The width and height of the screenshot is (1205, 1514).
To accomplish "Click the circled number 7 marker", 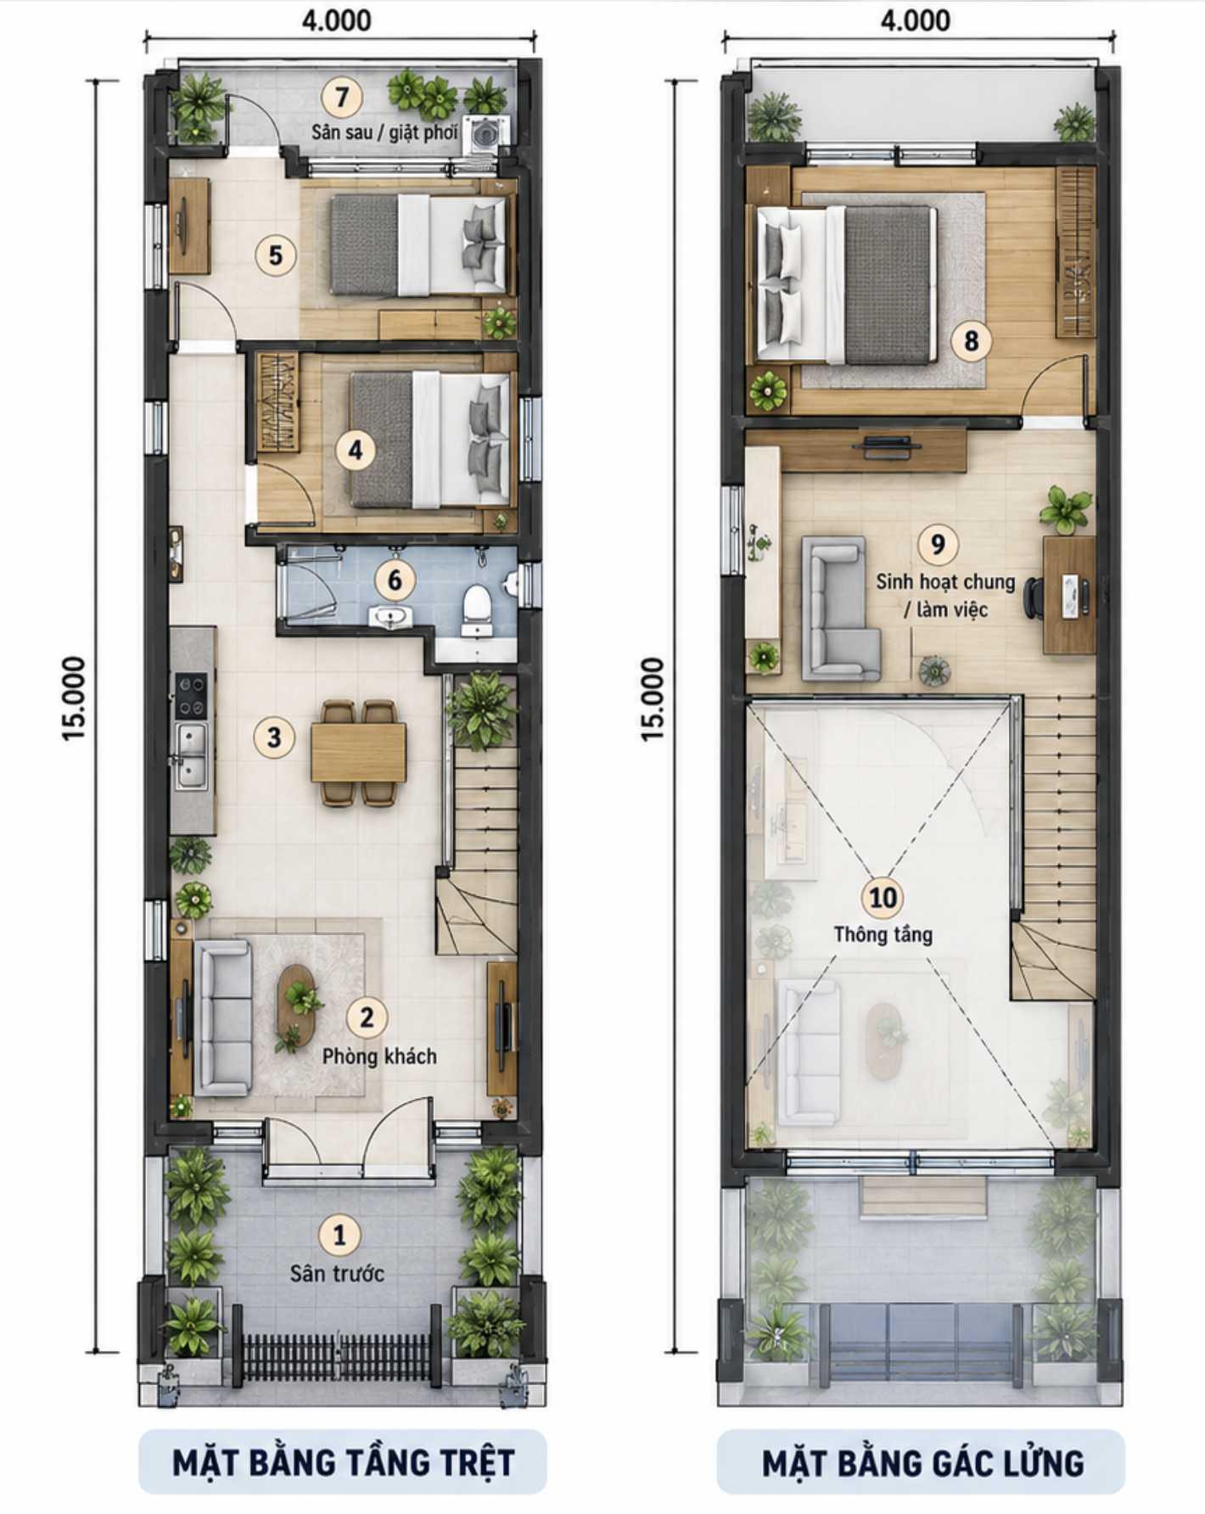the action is (x=341, y=98).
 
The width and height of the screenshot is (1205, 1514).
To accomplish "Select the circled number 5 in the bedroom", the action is (x=276, y=255).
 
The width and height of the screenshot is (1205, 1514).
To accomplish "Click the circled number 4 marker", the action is (x=356, y=450).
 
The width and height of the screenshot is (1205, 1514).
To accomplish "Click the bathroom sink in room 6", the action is (x=390, y=617).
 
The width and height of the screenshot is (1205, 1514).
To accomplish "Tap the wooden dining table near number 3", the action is (x=358, y=752).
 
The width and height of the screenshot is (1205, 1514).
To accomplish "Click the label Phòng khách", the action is (x=379, y=1057).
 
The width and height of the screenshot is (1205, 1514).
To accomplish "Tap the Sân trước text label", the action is (x=337, y=1273).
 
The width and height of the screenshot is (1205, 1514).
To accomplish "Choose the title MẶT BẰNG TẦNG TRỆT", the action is (x=343, y=1461).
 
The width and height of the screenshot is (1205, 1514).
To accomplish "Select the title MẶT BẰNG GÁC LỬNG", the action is (x=922, y=1463).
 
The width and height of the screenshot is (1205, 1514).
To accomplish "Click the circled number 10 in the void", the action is (x=883, y=897).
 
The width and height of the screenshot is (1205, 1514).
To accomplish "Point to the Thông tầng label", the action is (x=883, y=934).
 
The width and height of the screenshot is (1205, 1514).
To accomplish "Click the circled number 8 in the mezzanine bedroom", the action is (x=971, y=340).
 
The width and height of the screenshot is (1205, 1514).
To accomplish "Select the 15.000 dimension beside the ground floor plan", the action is (x=74, y=698).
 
